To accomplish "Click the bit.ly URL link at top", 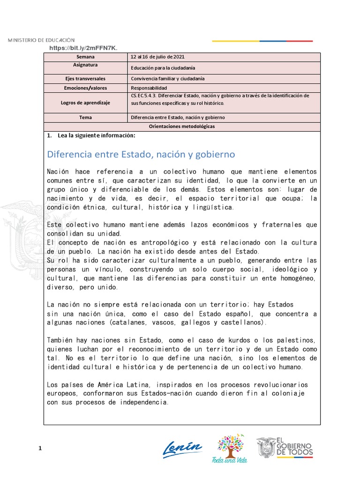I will pyautogui.click(x=83, y=48).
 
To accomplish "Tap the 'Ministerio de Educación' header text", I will pyautogui.click(x=41, y=40).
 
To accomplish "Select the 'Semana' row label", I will pyautogui.click(x=85, y=57).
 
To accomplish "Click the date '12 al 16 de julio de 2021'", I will pyautogui.click(x=157, y=57).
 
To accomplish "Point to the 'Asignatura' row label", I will pyautogui.click(x=85, y=65).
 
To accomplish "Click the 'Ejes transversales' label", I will pyautogui.click(x=85, y=79).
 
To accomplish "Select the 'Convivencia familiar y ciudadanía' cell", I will pyautogui.click(x=167, y=79).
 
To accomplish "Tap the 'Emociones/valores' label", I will pyautogui.click(x=85, y=88).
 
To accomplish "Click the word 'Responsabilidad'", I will pyautogui.click(x=149, y=88).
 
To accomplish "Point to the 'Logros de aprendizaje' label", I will pyautogui.click(x=85, y=103).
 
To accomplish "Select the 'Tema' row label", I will pyautogui.click(x=85, y=117).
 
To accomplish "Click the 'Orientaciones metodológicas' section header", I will pyautogui.click(x=182, y=126).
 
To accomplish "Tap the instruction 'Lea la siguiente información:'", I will pyautogui.click(x=96, y=135).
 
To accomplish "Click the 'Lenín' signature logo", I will pyautogui.click(x=182, y=449).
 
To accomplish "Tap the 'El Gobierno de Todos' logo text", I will pyautogui.click(x=295, y=447).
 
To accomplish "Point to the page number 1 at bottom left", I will pyautogui.click(x=40, y=449).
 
